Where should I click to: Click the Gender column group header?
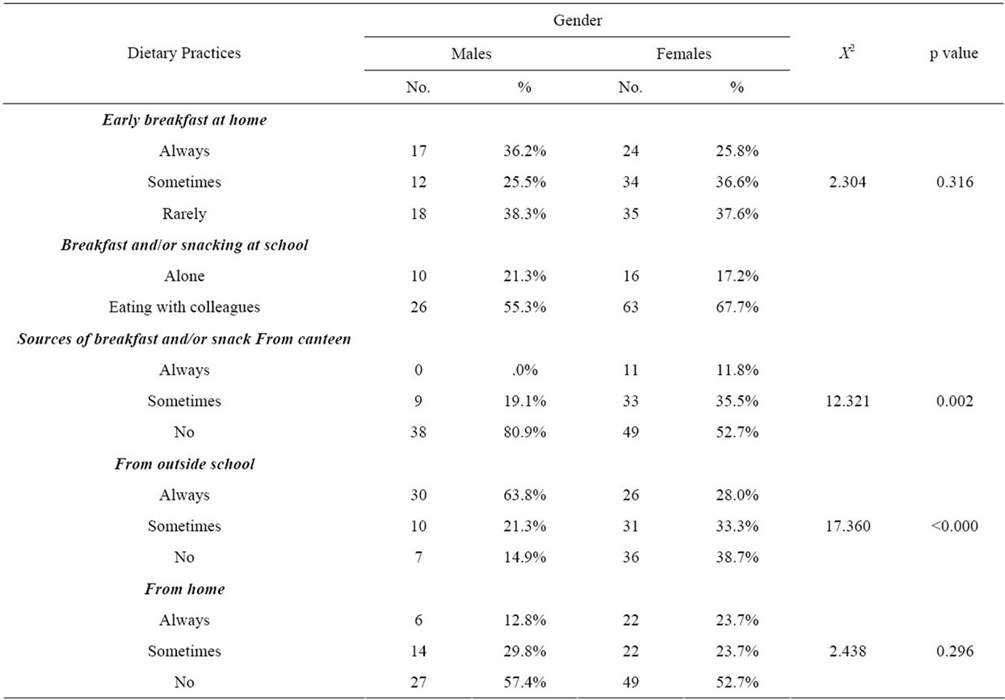click(x=578, y=20)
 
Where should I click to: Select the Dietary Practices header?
click(x=184, y=53)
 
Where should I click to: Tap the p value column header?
click(x=954, y=53)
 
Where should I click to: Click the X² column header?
click(x=847, y=52)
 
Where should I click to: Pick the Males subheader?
click(x=471, y=54)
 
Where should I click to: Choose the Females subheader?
click(x=683, y=54)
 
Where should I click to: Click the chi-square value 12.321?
click(x=847, y=401)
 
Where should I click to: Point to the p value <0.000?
click(x=955, y=525)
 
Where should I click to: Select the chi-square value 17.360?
click(x=847, y=525)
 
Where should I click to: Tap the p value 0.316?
click(x=955, y=182)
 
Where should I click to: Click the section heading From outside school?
click(x=184, y=464)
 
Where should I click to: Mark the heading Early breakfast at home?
click(x=184, y=120)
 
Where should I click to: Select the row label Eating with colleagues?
click(x=184, y=307)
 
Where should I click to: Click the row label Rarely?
click(x=184, y=213)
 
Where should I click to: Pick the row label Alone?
click(x=184, y=276)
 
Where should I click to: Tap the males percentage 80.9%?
click(x=524, y=432)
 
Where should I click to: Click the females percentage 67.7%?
click(x=737, y=307)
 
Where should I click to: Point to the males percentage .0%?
click(x=524, y=370)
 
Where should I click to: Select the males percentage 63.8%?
click(x=524, y=495)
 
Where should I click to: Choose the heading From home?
click(x=184, y=588)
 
